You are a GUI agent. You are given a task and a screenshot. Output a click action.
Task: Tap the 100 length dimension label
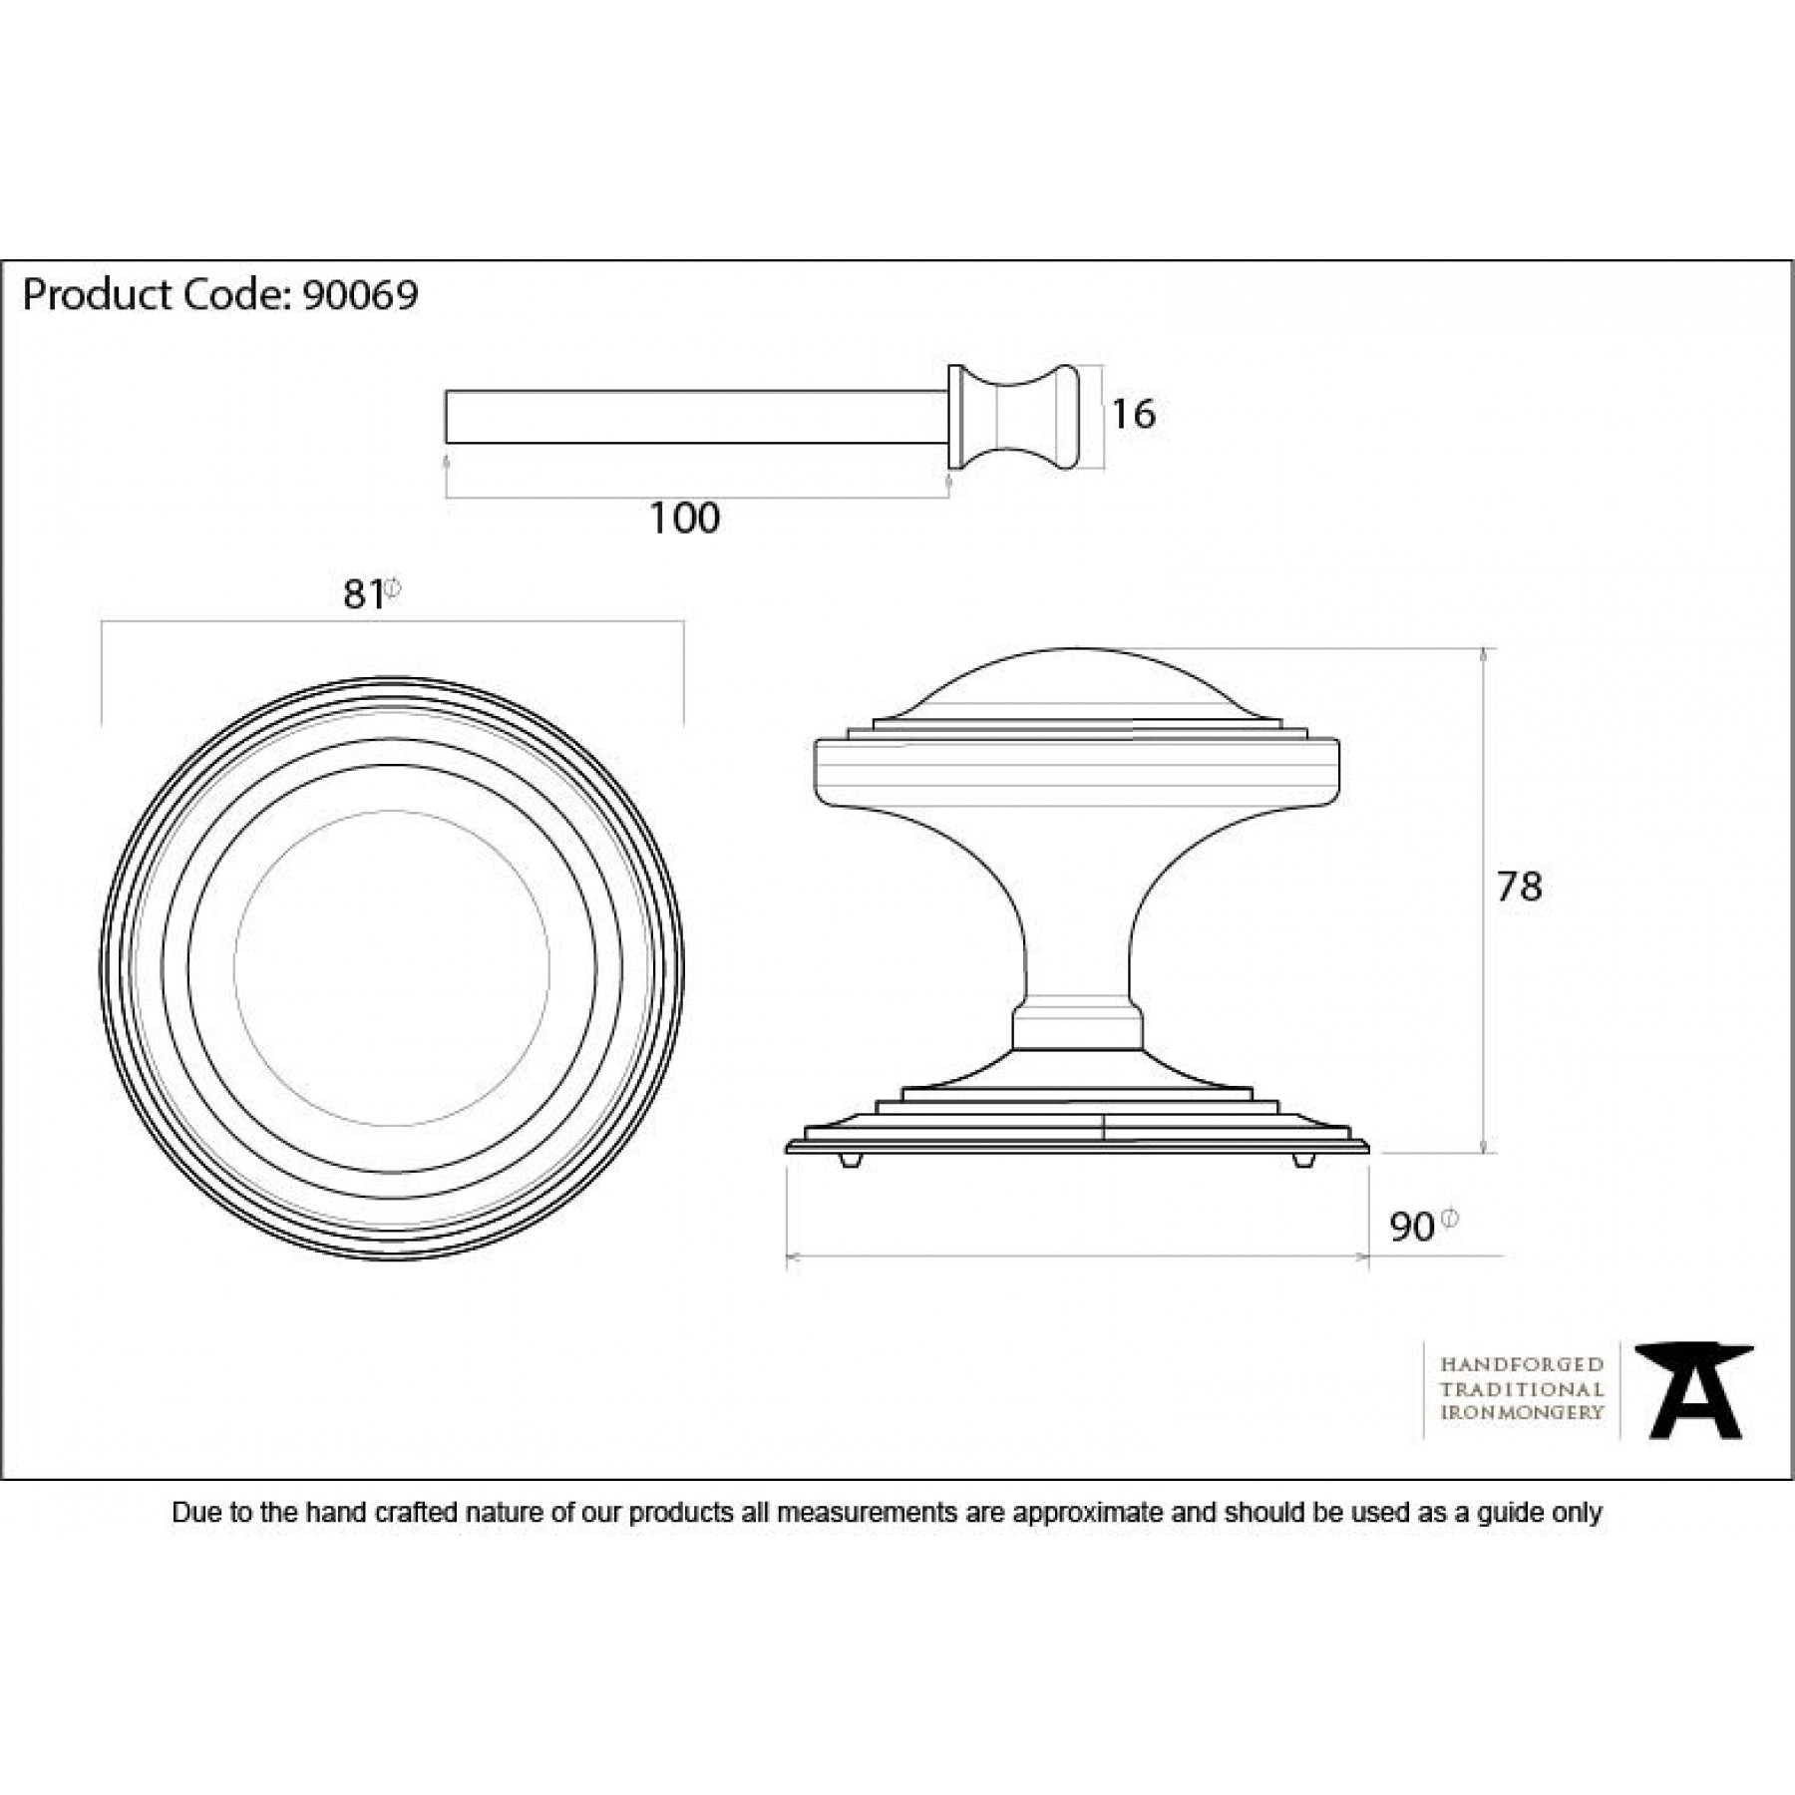tap(684, 519)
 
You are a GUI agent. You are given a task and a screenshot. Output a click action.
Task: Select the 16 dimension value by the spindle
tap(1133, 414)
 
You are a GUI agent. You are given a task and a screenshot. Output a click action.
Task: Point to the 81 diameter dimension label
tap(364, 594)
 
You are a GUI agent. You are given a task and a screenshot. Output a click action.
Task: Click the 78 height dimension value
tap(1519, 887)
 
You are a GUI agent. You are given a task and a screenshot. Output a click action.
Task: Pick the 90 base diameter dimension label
tap(1412, 1228)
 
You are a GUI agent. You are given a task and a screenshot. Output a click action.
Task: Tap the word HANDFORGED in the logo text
tap(1522, 1364)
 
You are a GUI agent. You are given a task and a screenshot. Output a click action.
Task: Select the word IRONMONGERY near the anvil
tap(1522, 1412)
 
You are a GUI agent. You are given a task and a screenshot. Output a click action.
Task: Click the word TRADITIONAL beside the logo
tap(1522, 1388)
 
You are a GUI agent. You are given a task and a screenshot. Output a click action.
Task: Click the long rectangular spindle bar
tap(695, 417)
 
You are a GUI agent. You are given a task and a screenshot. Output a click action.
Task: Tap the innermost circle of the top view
tap(391, 967)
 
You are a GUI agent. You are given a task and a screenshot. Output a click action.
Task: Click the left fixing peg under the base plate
tap(849, 1162)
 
